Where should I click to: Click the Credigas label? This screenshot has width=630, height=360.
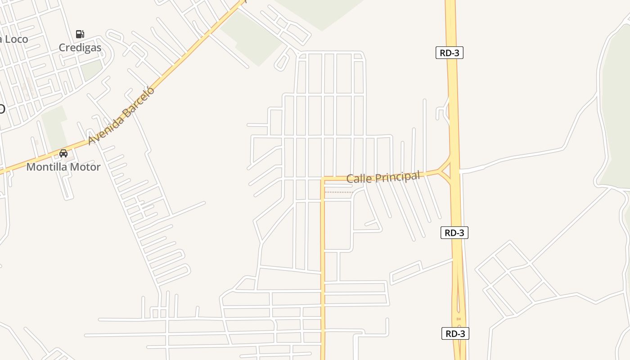click(80, 48)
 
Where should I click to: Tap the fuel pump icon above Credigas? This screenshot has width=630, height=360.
click(80, 34)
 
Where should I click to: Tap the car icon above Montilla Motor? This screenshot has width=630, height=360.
click(63, 153)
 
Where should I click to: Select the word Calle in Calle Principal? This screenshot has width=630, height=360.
click(359, 179)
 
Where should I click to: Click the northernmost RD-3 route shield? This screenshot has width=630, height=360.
click(450, 53)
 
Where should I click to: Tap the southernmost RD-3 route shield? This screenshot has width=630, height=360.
click(455, 333)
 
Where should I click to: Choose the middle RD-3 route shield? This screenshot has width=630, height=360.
click(454, 233)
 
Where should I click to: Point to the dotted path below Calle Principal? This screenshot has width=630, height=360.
click(338, 192)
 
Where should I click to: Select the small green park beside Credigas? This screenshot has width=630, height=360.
click(92, 70)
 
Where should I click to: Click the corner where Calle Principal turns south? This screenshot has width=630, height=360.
click(323, 180)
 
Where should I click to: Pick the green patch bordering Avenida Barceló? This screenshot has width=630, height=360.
click(250, 38)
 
